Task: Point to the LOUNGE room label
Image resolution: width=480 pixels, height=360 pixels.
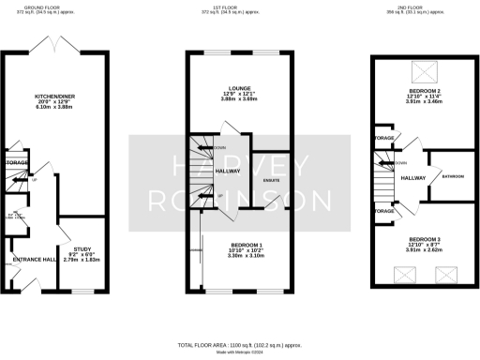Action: click(239, 88)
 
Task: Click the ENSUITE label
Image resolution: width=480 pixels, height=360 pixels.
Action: click(272, 178)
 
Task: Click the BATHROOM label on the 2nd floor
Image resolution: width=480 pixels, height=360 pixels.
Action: click(452, 176)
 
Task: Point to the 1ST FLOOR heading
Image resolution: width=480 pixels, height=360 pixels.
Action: click(238, 5)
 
